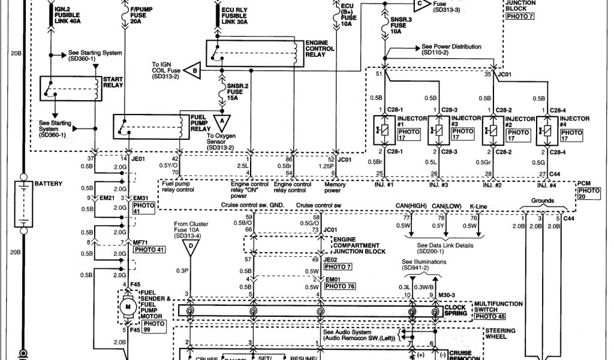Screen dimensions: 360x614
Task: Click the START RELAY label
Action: (114, 83)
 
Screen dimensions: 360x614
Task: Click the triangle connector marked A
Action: (222, 122)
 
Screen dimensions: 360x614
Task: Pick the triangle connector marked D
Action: (191, 246)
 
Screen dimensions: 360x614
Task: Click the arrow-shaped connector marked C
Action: (422, 4)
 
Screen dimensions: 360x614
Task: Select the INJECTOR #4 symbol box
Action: (546, 129)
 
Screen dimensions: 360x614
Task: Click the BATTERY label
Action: (48, 183)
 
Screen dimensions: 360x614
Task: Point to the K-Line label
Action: (479, 206)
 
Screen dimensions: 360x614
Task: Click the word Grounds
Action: (543, 201)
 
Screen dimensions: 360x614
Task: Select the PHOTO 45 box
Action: (489, 317)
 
